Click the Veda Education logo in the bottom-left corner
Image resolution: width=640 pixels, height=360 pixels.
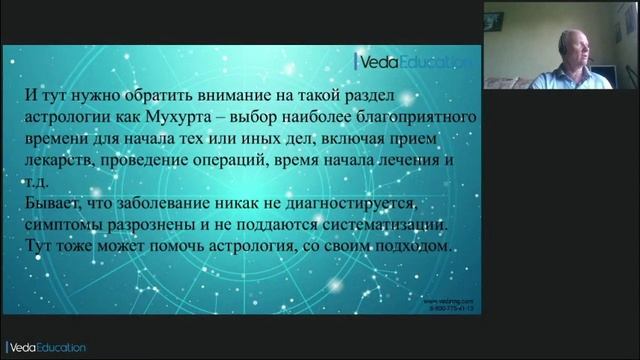[45, 347]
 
